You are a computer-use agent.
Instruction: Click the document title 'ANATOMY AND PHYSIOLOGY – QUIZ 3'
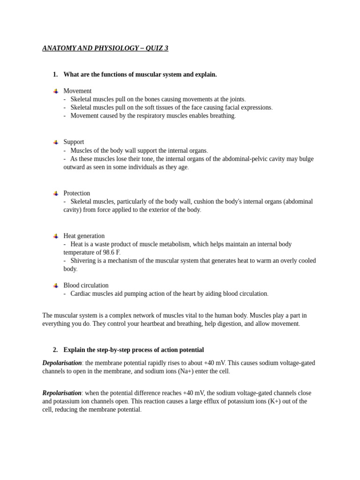tap(105, 48)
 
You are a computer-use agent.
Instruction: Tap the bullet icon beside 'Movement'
tap(56, 91)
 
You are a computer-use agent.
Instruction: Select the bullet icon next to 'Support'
tap(56, 142)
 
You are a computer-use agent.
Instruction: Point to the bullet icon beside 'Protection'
tap(56, 193)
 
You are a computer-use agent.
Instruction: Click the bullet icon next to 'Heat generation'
tap(56, 236)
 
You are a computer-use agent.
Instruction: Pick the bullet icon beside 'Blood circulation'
tap(56, 285)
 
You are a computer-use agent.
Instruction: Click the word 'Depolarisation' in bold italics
tap(62, 363)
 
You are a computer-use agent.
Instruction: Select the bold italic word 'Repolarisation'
tap(62, 393)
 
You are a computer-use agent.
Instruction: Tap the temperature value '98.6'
tap(108, 252)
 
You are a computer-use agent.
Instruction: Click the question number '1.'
tap(55, 75)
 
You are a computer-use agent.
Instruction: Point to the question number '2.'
tap(55, 350)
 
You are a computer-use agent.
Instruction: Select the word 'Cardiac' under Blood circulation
tap(81, 293)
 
